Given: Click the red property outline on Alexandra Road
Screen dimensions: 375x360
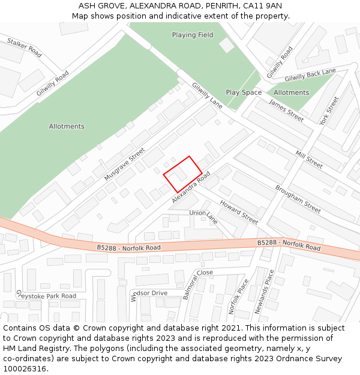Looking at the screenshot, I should pyautogui.click(x=183, y=174).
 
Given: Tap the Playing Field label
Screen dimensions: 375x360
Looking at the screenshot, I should pyautogui.click(x=193, y=35).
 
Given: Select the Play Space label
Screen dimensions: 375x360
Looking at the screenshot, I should pyautogui.click(x=244, y=92).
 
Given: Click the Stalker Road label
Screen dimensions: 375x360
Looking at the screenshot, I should pyautogui.click(x=24, y=48).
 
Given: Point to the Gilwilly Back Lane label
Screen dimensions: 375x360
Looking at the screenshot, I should pyautogui.click(x=310, y=75).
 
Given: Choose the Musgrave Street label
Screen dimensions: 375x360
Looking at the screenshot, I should pyautogui.click(x=125, y=164).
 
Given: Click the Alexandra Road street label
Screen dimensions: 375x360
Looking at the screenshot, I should pyautogui.click(x=191, y=188).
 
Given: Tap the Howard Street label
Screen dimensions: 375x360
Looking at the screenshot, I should pyautogui.click(x=238, y=212).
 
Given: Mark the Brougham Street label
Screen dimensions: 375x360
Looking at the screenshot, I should pyautogui.click(x=298, y=199).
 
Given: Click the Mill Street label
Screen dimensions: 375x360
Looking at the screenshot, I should pyautogui.click(x=309, y=158).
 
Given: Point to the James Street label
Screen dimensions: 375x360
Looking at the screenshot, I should pyautogui.click(x=286, y=110).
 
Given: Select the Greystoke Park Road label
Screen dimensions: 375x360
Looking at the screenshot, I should pyautogui.click(x=46, y=296).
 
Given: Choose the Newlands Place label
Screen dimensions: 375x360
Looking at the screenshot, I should pyautogui.click(x=263, y=292).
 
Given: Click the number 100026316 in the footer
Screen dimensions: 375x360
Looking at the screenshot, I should pyautogui.click(x=24, y=368).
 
